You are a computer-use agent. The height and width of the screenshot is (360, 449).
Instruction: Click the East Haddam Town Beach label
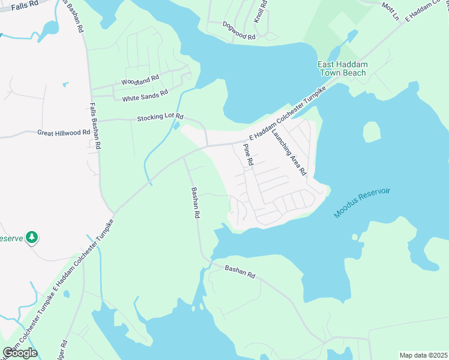(x=343, y=68)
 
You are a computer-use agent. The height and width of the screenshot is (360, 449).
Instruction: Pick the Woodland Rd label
(x=140, y=80)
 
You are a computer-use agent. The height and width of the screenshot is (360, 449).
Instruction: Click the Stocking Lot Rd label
(x=160, y=118)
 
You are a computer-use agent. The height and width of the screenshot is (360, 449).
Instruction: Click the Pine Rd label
(x=248, y=155)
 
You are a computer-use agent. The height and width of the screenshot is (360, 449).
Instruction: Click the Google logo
(x=20, y=353)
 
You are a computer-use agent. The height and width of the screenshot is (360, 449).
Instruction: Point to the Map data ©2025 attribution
(x=423, y=355)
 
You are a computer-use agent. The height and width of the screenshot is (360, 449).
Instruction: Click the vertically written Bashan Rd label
(x=194, y=205)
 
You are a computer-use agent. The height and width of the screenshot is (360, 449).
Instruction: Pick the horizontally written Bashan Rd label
(x=241, y=272)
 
